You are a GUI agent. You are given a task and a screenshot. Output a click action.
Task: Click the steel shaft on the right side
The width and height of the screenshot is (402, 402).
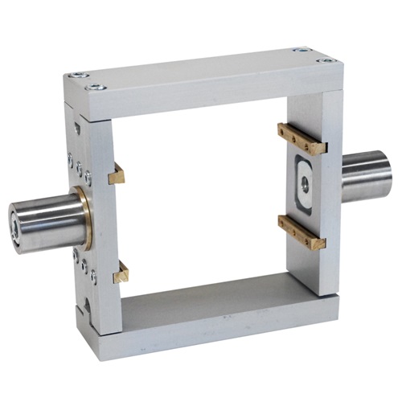(367, 176)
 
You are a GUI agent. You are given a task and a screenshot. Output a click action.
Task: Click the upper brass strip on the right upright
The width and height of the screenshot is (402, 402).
(301, 139)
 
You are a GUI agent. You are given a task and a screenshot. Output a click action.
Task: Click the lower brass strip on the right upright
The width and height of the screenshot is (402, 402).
(301, 232)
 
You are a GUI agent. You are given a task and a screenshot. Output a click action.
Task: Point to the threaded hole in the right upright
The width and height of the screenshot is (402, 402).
(305, 183)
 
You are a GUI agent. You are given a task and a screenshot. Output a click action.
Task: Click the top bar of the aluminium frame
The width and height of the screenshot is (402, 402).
(201, 76)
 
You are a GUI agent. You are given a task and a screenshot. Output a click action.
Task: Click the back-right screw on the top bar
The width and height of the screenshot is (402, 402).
(301, 50)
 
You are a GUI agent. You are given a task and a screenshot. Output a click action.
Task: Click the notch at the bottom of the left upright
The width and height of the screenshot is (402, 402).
(87, 305)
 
